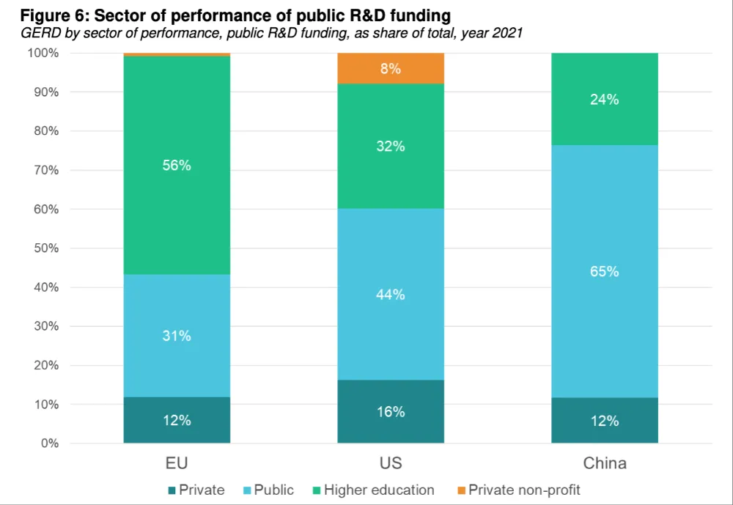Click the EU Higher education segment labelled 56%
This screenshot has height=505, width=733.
click(177, 166)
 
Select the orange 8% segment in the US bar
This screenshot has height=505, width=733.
click(391, 68)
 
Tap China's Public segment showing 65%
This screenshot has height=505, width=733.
click(605, 271)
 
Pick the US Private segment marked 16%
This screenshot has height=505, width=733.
click(391, 411)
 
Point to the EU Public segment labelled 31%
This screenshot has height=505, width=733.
click(177, 336)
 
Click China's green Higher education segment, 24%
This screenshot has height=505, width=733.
click(605, 100)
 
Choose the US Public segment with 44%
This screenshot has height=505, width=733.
click(391, 294)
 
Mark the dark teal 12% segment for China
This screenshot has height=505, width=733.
click(605, 421)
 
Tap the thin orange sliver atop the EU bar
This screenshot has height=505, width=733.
click(177, 54)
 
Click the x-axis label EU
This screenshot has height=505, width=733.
click(177, 464)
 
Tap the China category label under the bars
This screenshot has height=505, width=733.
click(605, 464)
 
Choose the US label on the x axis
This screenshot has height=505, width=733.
click(391, 464)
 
